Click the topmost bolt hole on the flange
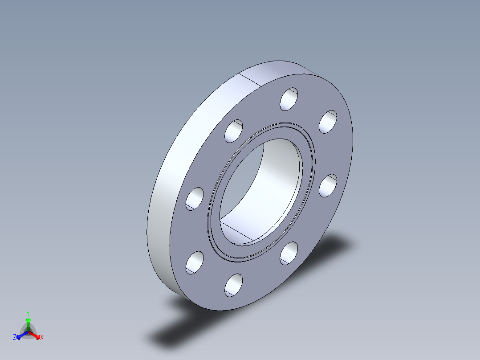pyautogui.click(x=289, y=99)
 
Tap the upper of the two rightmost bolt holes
pyautogui.click(x=328, y=122)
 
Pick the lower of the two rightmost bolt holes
pyautogui.click(x=328, y=186)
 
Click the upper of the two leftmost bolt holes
pyautogui.click(x=195, y=198)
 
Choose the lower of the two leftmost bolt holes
pyautogui.click(x=195, y=262)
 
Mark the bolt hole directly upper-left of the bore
pyautogui.click(x=234, y=131)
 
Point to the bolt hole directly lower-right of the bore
pyautogui.click(x=289, y=253)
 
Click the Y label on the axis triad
pyautogui.click(x=28, y=313)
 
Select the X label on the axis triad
pyautogui.click(x=42, y=338)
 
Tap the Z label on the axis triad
pyautogui.click(x=15, y=338)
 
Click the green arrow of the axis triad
pyautogui.click(x=28, y=322)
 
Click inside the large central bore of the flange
pyautogui.click(x=267, y=187)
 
